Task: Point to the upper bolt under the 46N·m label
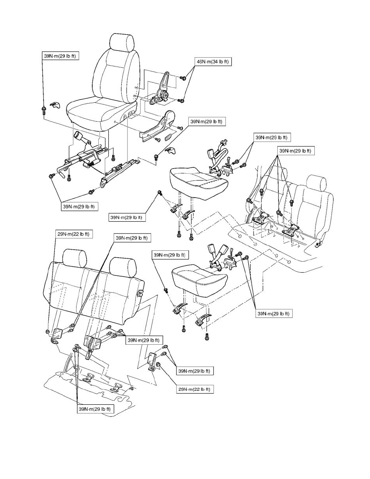(x=183, y=78)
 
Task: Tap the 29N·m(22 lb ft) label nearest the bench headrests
(x=74, y=234)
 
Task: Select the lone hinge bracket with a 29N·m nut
(x=153, y=360)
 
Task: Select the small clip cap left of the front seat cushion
(x=54, y=106)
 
